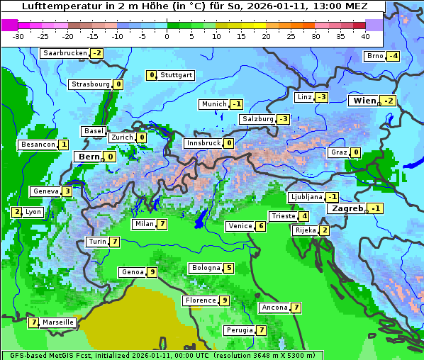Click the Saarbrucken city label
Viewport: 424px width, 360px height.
[x=65, y=53]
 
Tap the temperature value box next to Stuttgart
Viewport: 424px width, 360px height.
[x=151, y=75]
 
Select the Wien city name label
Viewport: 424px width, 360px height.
[x=364, y=101]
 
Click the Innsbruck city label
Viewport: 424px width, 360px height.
[x=203, y=143]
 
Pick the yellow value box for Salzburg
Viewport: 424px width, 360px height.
[x=283, y=119]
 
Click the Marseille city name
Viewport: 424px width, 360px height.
[x=58, y=322]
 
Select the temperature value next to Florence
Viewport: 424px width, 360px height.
[x=224, y=300]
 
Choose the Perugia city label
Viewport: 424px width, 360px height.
[x=239, y=330]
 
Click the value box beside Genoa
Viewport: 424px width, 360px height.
[x=152, y=272]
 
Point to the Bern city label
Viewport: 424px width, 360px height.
[x=89, y=157]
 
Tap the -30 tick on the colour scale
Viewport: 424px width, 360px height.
[x=18, y=36]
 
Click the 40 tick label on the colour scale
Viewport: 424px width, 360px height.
[x=365, y=36]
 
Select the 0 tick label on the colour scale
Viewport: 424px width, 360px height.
[x=167, y=36]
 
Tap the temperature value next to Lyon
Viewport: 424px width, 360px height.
[x=16, y=212]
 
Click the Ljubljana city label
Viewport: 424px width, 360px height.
[x=306, y=197]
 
